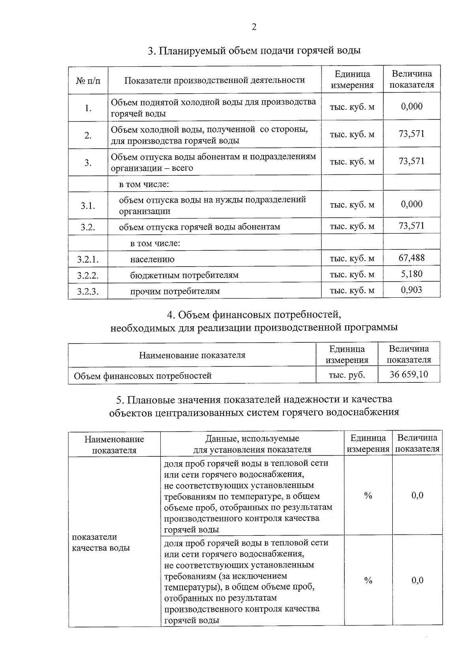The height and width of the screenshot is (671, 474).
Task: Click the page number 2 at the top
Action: pos(254,27)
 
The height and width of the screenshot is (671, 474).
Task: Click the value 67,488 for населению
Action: pos(412,258)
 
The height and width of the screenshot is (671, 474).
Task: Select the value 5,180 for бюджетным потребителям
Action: pos(412,274)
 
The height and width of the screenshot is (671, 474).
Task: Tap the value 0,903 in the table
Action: pos(412,290)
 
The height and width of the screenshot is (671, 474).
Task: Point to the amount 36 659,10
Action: pos(409,374)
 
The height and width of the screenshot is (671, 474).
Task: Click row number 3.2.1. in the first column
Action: pos(88,259)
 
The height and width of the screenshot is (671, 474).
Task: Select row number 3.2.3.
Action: pos(88,292)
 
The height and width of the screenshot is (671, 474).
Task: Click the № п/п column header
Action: pos(88,80)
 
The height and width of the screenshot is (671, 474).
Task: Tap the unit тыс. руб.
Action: pos(347,374)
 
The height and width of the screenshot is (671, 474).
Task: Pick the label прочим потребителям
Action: pos(175,291)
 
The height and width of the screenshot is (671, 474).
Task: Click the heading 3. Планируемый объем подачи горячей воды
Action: pos(254,51)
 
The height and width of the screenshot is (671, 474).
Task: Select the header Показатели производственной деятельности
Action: pos(214,80)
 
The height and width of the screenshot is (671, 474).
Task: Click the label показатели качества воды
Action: pos(101,542)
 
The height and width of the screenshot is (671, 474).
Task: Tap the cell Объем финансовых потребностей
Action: pos(143,376)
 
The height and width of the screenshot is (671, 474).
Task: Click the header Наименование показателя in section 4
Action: pos(192,355)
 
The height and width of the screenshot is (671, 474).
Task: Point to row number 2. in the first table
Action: pos(88,135)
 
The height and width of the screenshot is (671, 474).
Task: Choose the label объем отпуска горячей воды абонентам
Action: pos(199,227)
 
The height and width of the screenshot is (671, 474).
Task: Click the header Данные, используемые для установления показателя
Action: pos(252,444)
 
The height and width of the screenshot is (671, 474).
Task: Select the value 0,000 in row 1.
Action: pos(412,106)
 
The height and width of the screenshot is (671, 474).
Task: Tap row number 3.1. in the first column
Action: pos(88,206)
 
